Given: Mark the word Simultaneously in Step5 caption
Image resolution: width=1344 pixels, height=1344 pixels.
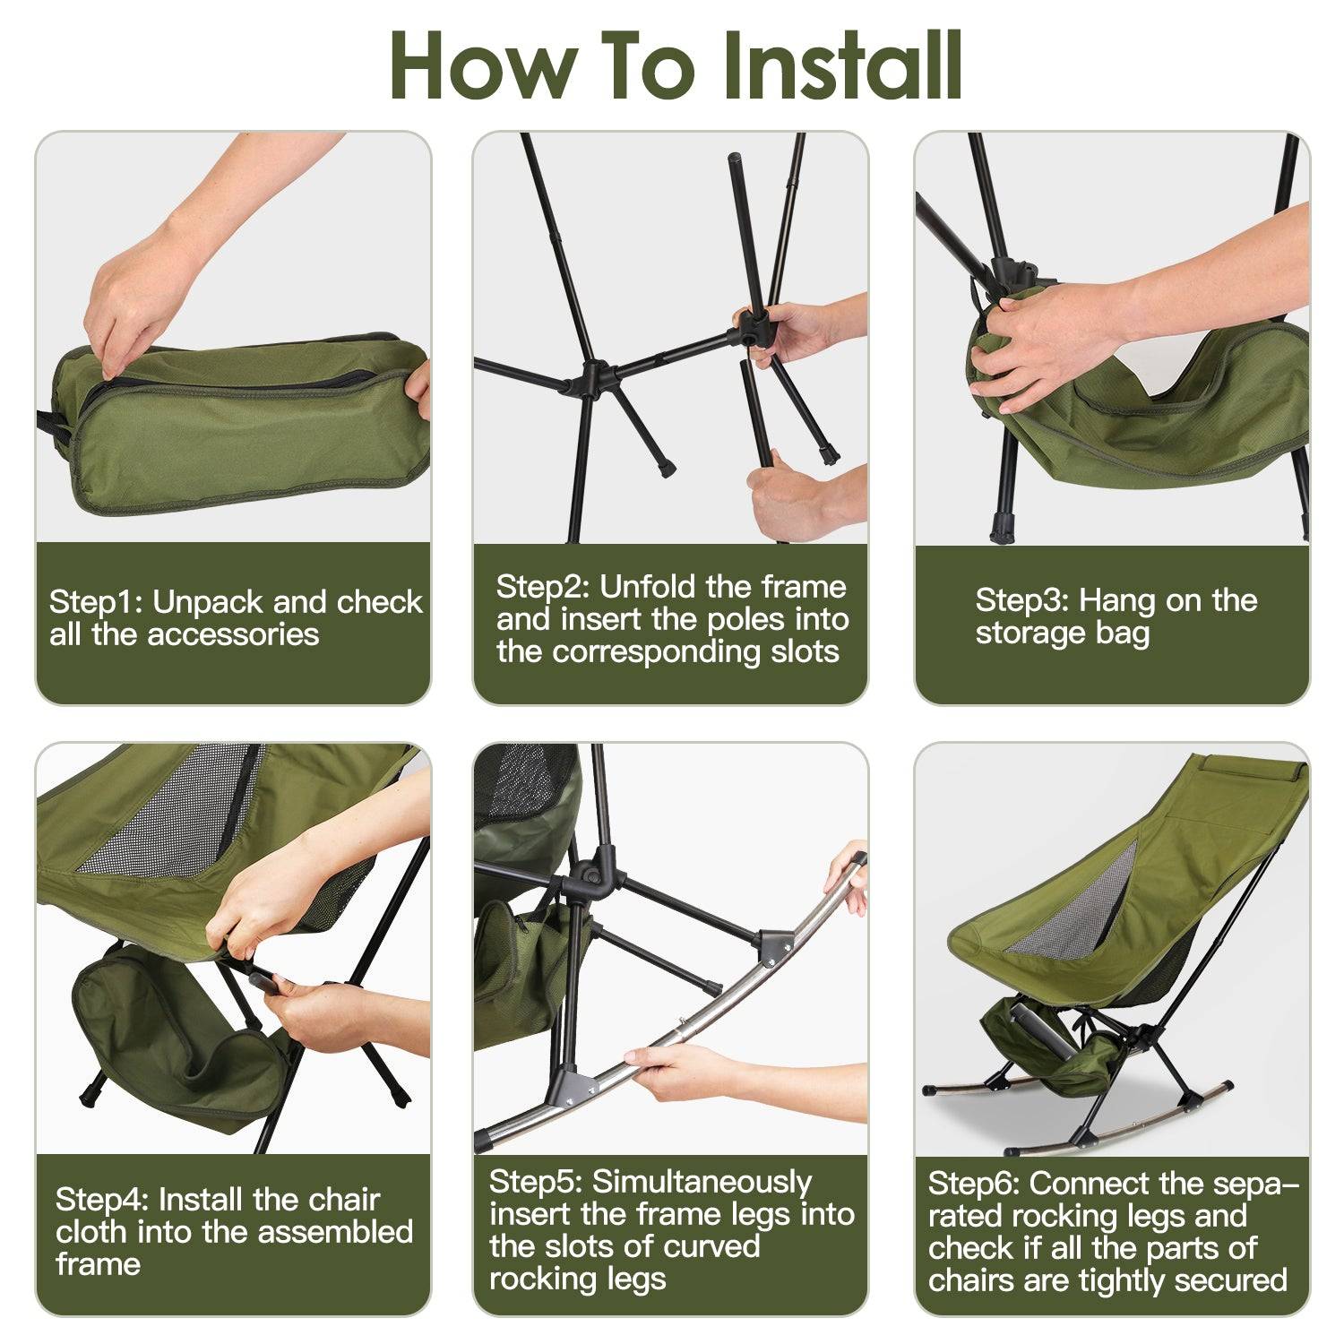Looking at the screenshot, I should [702, 1182].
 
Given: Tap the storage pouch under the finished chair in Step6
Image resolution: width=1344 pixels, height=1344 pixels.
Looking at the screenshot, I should [1048, 1048].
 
